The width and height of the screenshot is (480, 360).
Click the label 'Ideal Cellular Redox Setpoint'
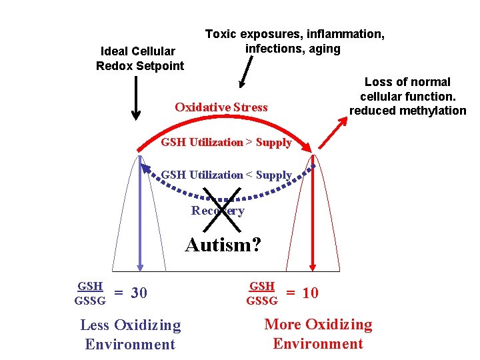(140, 58)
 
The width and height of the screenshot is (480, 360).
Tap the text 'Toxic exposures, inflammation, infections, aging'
(294, 41)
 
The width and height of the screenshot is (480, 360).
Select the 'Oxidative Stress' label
(221, 107)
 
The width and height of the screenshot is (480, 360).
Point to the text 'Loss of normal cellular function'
(407, 89)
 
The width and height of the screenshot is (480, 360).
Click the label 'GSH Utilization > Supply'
(227, 142)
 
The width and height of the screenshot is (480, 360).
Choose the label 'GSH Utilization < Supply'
(227, 175)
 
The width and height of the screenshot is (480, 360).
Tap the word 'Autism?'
(223, 245)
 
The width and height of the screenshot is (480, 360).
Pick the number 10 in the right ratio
(310, 293)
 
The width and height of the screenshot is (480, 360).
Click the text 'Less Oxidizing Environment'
(130, 335)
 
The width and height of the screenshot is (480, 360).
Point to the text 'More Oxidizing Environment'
(318, 334)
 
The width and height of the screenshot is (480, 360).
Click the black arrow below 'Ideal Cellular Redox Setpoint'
(136, 97)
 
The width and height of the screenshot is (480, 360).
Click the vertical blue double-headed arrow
(140, 213)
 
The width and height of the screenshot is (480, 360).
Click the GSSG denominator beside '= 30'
(90, 301)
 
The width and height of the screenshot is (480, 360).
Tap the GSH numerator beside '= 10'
(262, 286)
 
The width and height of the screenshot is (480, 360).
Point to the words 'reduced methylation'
(407, 111)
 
